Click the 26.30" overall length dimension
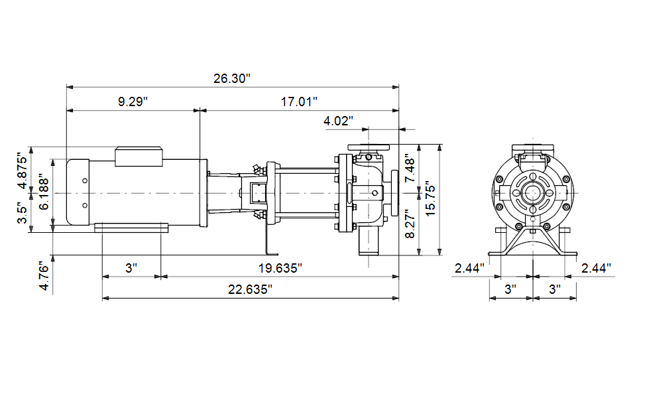232,78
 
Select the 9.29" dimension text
133,101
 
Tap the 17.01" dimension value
299,101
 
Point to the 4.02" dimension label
338,121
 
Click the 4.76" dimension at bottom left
44,276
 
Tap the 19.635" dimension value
280,269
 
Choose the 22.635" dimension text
250,289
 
